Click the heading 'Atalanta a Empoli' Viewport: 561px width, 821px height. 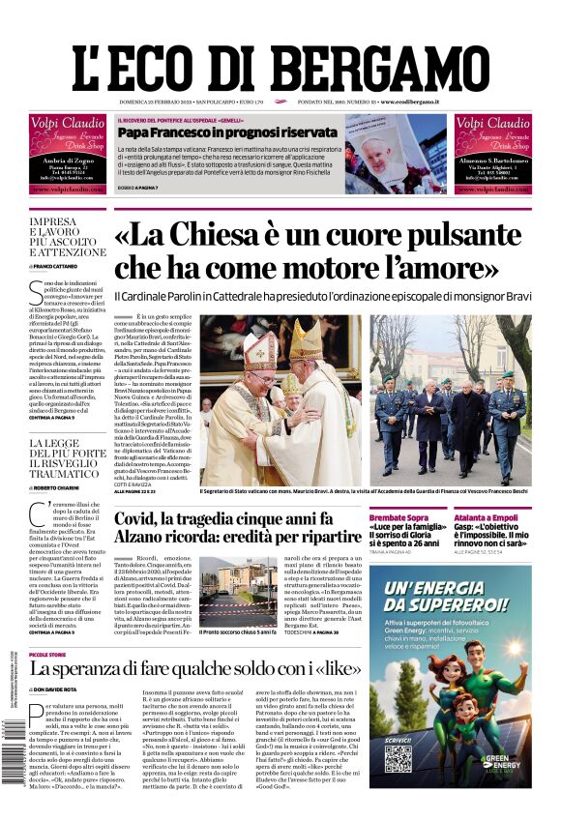tap(486, 518)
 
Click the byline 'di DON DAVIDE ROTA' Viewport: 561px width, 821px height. tap(64, 690)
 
